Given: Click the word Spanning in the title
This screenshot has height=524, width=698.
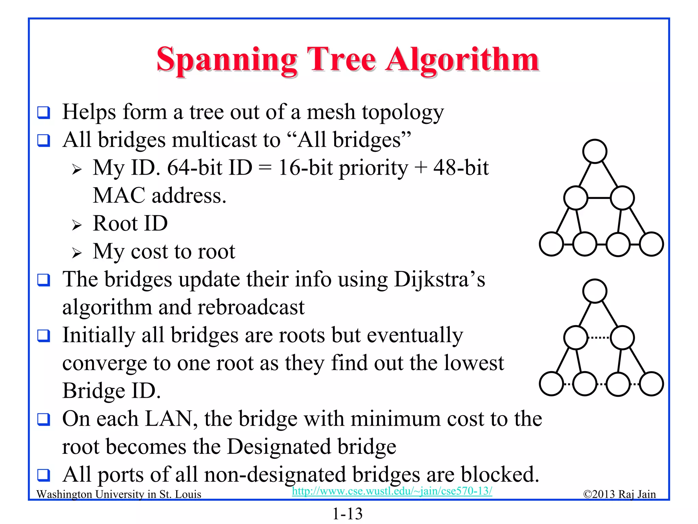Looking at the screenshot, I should coord(227,60).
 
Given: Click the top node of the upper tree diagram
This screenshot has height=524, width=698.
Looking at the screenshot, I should coord(595,151).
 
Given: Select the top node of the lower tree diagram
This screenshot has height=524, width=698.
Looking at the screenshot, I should coord(595,291).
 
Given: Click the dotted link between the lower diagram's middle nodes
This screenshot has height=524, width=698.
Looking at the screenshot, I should coord(599,338).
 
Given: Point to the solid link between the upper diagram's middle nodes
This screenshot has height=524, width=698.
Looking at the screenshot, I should coord(599,198).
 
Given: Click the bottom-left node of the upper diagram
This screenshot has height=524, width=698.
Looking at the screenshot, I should coord(551,244).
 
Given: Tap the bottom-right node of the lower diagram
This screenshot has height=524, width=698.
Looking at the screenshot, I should coord(651,384).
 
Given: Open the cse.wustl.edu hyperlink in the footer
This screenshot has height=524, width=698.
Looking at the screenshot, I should coord(392,491).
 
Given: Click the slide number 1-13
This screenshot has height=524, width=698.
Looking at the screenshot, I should coord(348,514).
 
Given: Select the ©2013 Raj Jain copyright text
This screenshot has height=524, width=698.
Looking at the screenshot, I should coord(619,494).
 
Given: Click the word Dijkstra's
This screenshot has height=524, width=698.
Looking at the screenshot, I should coord(439,279).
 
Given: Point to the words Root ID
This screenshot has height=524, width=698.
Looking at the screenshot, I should coord(130,223).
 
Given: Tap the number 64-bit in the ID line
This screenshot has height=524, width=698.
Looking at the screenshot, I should coord(195,168).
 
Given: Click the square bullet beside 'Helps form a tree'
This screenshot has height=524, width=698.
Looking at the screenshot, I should coord(44,113).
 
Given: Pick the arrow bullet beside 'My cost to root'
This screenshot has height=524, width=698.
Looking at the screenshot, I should coord(77,253).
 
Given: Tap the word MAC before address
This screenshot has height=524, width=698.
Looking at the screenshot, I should coord(119,195).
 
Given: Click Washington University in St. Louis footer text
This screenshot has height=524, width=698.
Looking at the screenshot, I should coord(119,494).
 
